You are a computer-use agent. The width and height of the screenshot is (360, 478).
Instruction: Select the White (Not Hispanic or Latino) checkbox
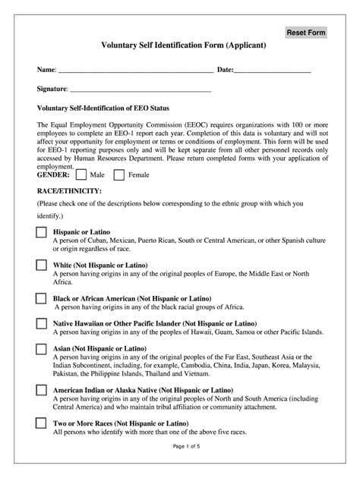(x=41, y=266)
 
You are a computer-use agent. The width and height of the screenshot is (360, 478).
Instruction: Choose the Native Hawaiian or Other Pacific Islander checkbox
(x=41, y=324)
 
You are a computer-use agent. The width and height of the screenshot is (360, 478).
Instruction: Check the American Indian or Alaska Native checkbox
(x=41, y=392)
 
